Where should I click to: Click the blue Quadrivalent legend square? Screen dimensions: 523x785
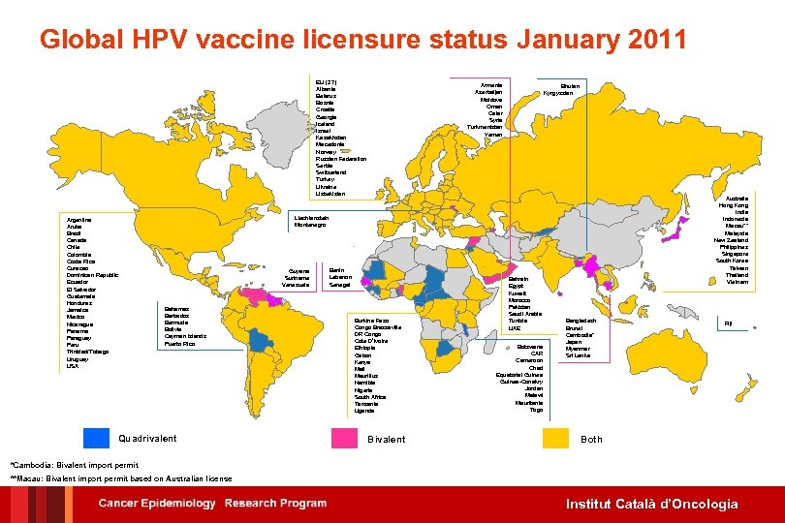pos(95,438)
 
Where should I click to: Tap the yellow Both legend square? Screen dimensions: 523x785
pos(555,438)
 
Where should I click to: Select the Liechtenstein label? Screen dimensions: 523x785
pos(311,217)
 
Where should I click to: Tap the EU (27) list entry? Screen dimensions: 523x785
pos(326,81)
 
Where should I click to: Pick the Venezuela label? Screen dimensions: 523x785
pos(296,285)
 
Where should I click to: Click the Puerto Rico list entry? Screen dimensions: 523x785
pos(180,344)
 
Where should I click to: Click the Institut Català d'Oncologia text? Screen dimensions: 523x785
pos(652,504)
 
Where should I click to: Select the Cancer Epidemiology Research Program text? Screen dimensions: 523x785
pos(212,504)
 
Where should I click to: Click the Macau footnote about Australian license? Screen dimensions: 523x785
pos(121,478)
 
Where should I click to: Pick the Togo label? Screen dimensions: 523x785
pos(536,410)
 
